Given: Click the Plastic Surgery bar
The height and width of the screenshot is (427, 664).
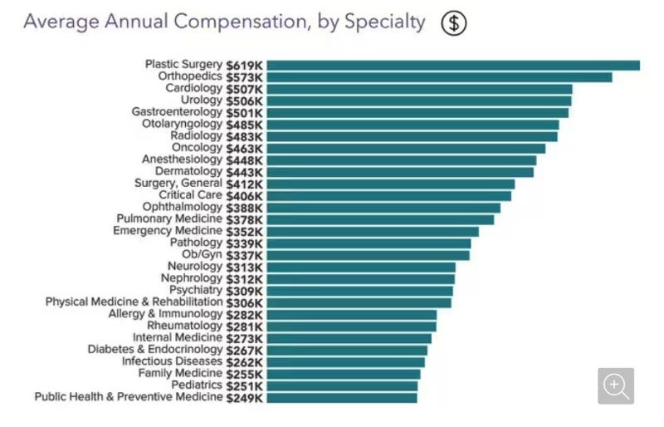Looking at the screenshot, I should point(453,65).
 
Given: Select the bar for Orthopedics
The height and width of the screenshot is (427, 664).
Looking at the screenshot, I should point(439,76).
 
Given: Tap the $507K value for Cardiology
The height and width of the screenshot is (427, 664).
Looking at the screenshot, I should point(244,89).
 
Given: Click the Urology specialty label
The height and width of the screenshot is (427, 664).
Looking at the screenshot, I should point(201,101).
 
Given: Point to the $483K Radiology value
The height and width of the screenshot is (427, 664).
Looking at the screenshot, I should point(244,136).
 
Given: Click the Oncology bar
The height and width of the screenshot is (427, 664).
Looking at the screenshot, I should point(406,148).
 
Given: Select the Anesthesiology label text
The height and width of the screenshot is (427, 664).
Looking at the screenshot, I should point(182,160).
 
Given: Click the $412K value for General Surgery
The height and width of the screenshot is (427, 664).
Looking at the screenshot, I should point(244,184).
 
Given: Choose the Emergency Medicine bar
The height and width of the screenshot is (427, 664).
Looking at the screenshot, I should point(373,231).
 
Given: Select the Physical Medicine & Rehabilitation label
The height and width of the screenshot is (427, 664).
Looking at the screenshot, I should point(134,302).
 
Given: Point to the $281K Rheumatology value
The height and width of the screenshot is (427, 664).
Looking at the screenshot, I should point(244,326).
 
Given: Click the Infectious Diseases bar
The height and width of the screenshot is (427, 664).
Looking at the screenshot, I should point(345,362).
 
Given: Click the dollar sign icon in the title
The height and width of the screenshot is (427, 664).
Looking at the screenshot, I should point(453,22).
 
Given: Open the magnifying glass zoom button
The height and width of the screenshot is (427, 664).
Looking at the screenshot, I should point(615,386).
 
